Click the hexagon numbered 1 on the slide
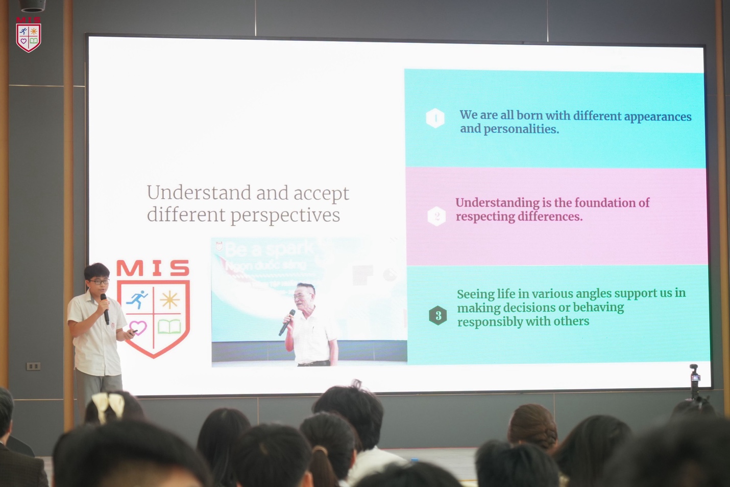[x=435, y=118]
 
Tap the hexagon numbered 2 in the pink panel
[x=436, y=216]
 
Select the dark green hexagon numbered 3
[x=438, y=315]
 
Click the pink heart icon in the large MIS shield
[x=138, y=327]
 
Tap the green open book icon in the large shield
[x=169, y=327]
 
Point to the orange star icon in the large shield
[x=169, y=299]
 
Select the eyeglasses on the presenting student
[x=99, y=282]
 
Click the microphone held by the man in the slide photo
[x=287, y=322]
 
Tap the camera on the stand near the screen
[x=694, y=378]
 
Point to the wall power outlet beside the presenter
[x=33, y=366]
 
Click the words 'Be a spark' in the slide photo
[x=269, y=249]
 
